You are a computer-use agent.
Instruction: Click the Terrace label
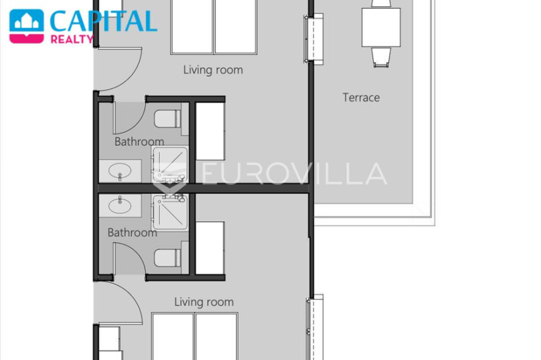[x=361, y=98]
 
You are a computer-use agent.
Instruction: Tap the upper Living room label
[x=213, y=70]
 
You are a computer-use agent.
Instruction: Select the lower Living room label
[x=203, y=302]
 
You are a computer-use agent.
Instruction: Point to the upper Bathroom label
[x=139, y=141]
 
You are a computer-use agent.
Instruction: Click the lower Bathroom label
[x=132, y=232]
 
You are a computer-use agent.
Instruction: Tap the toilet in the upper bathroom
[x=167, y=118]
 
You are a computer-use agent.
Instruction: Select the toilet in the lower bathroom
[x=167, y=258]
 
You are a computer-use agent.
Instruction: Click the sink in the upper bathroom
[x=120, y=171]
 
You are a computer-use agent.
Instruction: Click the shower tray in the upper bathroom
[x=170, y=164]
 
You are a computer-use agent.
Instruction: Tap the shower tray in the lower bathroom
[x=170, y=212]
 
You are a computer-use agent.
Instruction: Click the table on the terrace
[x=381, y=27]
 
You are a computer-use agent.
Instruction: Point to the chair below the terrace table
[x=381, y=57]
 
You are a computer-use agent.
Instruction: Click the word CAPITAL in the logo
[x=103, y=21]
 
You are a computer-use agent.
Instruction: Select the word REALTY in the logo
[x=72, y=39]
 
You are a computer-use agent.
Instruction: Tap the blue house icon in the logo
[x=27, y=21]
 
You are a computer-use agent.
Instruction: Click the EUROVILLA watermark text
[x=294, y=174]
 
